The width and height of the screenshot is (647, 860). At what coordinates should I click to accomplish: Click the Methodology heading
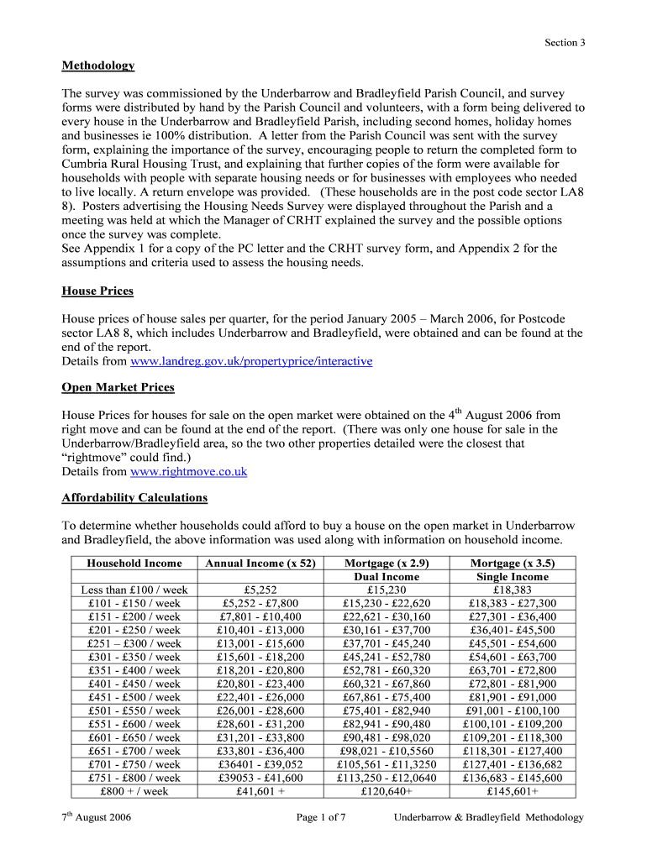98,66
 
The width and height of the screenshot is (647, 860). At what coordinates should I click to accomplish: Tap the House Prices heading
97,291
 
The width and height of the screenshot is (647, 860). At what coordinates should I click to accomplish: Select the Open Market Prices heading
118,387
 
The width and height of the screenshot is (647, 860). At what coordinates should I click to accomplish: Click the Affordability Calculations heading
134,498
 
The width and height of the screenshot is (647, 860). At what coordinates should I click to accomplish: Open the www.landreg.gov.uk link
251,361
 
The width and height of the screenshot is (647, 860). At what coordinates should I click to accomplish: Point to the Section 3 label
565,43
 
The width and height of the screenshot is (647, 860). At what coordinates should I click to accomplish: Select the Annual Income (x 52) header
260,564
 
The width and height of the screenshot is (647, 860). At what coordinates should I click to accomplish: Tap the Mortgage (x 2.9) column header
387,564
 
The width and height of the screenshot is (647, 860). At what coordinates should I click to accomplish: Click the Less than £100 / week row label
134,590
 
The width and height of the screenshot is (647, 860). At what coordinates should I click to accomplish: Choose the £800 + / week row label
134,791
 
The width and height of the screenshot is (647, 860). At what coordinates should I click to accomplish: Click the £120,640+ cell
387,791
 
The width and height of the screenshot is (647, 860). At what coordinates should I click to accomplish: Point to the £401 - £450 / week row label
134,684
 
